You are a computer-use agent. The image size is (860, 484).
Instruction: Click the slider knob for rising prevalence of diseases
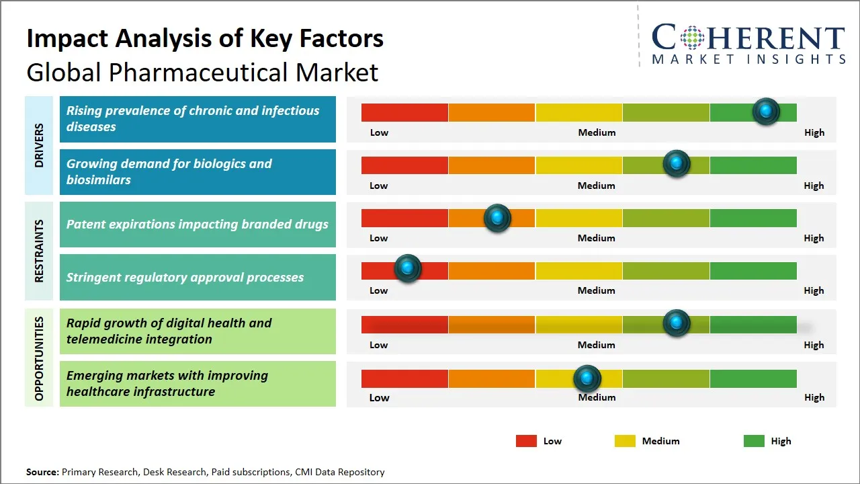click(766, 111)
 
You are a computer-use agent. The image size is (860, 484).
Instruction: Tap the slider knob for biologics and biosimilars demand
click(677, 163)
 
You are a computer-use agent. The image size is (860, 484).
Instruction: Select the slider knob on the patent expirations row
click(497, 218)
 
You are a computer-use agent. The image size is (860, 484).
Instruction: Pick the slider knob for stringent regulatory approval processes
click(407, 268)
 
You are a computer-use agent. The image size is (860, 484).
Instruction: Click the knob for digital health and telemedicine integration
click(677, 323)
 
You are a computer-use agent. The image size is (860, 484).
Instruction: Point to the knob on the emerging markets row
click(587, 378)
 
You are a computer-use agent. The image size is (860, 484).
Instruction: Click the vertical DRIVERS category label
click(39, 145)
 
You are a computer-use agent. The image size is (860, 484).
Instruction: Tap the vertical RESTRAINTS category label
click(39, 251)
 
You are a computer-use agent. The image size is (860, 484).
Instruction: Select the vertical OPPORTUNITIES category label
click(39, 358)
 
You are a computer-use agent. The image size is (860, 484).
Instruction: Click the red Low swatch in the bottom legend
click(526, 441)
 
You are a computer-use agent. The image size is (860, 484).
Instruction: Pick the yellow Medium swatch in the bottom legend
click(625, 441)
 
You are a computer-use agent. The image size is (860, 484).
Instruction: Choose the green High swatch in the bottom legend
click(754, 441)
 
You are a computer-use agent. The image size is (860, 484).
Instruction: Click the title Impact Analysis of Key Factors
click(205, 38)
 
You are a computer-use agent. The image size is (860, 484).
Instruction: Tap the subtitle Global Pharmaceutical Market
click(202, 72)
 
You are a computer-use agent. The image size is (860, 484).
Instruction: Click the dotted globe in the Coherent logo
click(691, 38)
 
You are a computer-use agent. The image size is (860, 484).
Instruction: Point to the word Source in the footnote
click(42, 472)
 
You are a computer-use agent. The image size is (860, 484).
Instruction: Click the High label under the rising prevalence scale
click(814, 132)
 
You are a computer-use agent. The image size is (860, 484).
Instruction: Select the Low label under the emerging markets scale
click(379, 397)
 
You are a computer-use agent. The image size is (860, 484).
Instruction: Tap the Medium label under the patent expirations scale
click(596, 238)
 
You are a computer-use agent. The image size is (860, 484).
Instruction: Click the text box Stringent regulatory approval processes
click(198, 277)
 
